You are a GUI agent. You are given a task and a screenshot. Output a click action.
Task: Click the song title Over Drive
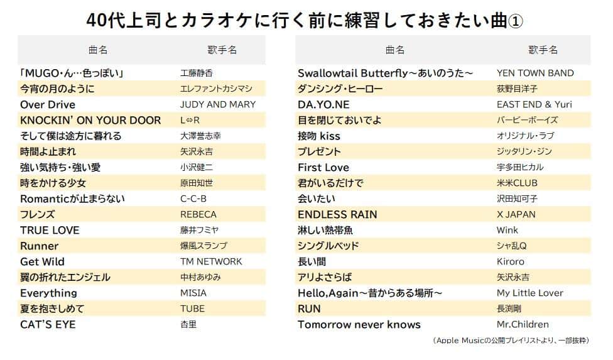coord(48,104)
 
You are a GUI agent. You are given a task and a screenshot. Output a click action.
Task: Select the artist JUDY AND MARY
coord(217,104)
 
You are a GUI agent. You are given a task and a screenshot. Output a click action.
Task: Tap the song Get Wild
coord(42,261)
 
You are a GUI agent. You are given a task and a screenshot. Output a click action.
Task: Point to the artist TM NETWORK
coord(210,261)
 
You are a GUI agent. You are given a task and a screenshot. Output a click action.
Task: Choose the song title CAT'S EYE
coord(48,324)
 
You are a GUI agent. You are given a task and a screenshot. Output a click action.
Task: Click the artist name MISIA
coord(193,293)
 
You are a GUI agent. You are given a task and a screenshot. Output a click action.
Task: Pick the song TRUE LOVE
coord(50,230)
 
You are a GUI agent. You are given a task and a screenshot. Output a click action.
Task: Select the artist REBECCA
coord(198,214)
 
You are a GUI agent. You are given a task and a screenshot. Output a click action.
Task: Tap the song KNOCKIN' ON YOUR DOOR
coord(90,120)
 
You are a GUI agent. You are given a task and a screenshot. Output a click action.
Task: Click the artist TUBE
coord(192,308)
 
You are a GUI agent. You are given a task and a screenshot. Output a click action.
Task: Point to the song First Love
coord(323,167)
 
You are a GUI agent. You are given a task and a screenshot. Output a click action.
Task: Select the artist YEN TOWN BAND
coord(534,73)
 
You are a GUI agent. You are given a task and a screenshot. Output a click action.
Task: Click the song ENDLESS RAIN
coord(337,214)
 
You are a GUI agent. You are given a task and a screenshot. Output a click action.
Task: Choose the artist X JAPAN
coord(516,214)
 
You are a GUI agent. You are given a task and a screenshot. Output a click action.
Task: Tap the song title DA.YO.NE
coord(323,104)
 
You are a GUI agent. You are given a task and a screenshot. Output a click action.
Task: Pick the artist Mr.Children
coord(523,324)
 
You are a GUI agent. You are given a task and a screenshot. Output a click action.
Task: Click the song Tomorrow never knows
coord(359,324)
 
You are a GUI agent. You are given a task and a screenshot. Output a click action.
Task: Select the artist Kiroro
coord(510,261)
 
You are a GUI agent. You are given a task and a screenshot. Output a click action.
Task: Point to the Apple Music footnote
coord(511,340)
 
